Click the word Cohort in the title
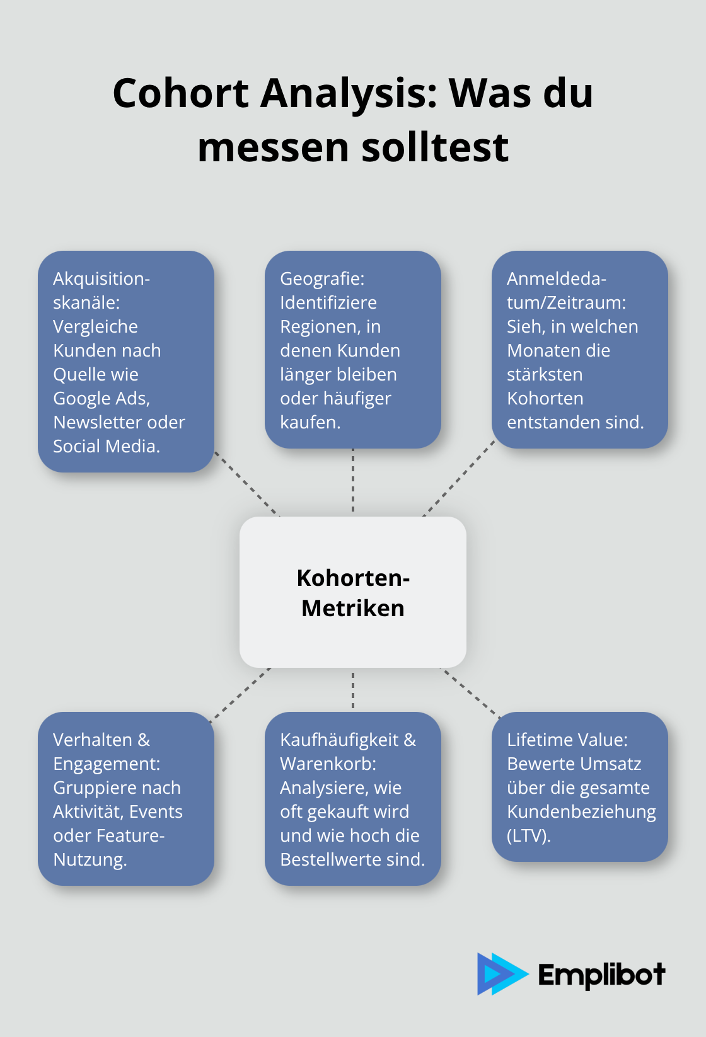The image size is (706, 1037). (x=181, y=93)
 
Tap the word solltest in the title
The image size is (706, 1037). (x=435, y=147)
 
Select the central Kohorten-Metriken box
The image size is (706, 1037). (x=353, y=592)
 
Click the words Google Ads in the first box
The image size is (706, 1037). (x=101, y=398)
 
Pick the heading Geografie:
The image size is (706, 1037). (x=322, y=278)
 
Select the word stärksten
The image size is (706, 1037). (x=545, y=374)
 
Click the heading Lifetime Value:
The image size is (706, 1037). (x=567, y=740)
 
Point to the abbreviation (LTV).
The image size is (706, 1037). (x=529, y=835)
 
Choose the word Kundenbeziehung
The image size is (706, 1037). (x=581, y=811)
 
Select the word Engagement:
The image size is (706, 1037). (x=107, y=764)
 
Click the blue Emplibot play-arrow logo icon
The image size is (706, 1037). (x=501, y=973)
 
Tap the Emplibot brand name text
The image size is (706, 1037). (x=601, y=975)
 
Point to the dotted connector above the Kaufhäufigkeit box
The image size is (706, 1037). (x=353, y=690)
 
